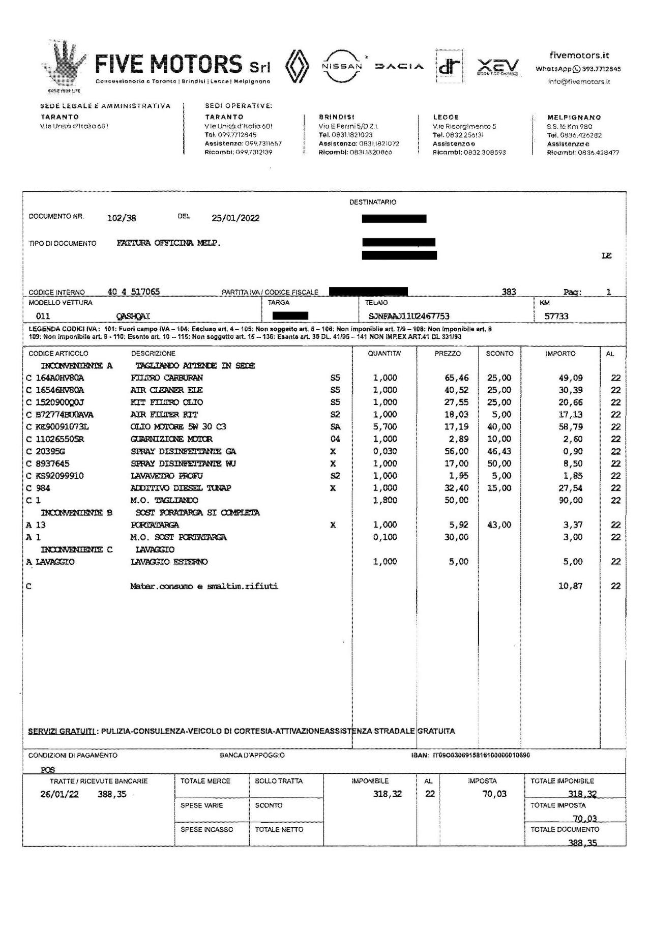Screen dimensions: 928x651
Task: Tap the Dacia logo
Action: [x=399, y=67]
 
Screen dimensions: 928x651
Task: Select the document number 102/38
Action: [x=122, y=218]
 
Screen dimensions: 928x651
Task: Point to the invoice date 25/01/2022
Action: [x=235, y=218]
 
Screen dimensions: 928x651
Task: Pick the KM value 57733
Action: [x=556, y=316]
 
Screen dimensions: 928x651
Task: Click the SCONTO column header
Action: [x=499, y=353]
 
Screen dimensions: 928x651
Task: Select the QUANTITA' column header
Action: [x=384, y=353]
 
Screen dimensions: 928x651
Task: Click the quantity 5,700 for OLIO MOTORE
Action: [x=385, y=427]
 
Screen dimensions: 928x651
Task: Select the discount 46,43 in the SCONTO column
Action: [x=499, y=451]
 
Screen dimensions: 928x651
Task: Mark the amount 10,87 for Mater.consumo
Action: [x=570, y=586]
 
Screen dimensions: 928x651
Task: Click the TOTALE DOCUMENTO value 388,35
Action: [x=582, y=843]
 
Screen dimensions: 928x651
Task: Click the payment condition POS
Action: [x=48, y=770]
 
